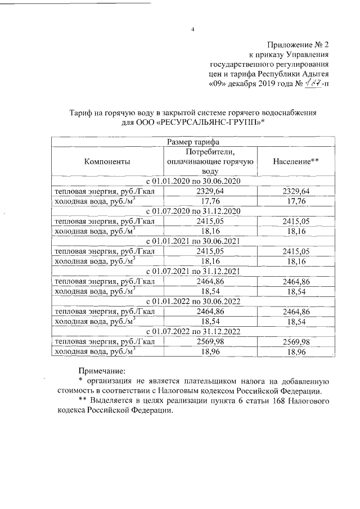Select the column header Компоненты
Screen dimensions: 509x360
click(x=107, y=161)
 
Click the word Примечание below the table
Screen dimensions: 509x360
click(x=102, y=370)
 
